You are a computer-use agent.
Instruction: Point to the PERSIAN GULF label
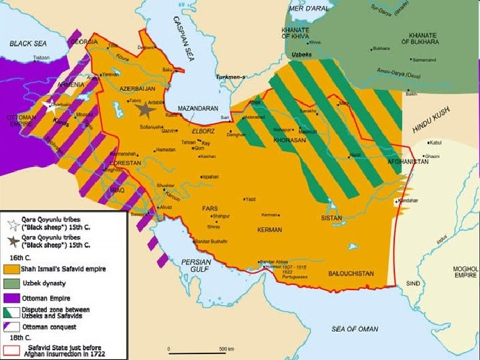pos(196,266)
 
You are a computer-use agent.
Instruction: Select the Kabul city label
pos(437,142)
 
